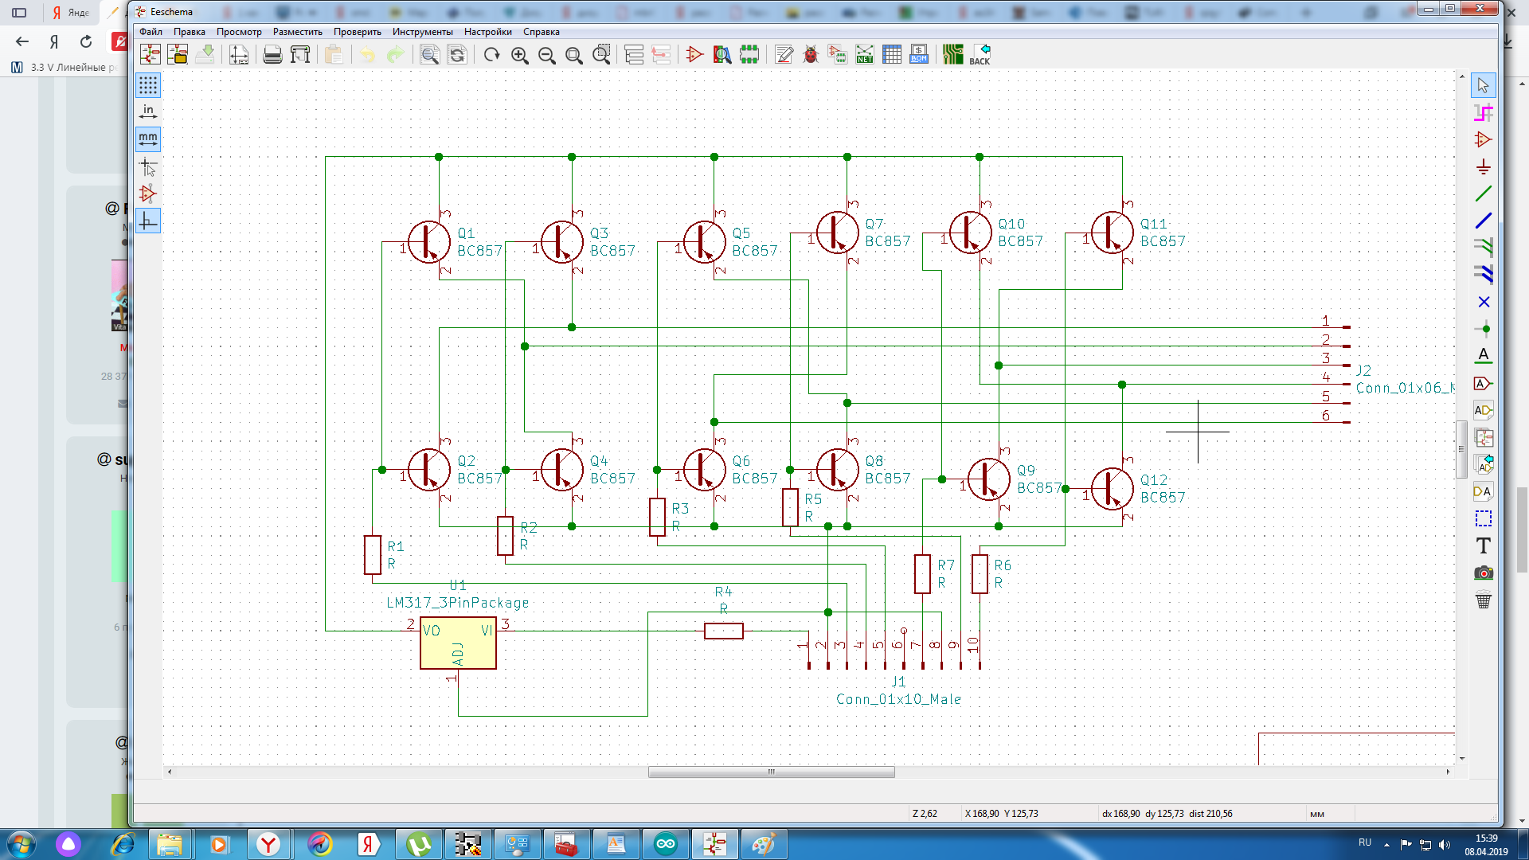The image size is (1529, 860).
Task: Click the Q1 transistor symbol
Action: tap(428, 241)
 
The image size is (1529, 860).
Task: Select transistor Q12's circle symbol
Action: tap(1112, 488)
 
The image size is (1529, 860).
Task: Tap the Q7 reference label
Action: tap(874, 225)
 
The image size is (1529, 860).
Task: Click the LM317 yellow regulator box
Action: tap(458, 643)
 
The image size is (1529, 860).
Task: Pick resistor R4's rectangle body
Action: tap(723, 631)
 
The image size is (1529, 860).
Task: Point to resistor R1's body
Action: tap(372, 555)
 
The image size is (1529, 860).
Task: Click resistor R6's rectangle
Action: tap(980, 574)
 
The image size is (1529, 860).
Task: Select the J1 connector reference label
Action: tap(898, 682)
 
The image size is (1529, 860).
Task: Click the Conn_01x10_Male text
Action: tap(898, 699)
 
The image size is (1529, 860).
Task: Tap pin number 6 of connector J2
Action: tap(1326, 415)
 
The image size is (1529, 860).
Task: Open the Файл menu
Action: tap(151, 32)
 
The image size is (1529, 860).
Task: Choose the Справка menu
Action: tap(541, 32)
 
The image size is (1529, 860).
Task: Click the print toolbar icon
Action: tap(272, 54)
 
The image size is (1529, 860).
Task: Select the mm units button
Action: tap(148, 139)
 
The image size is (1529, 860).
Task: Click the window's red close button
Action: tap(1480, 9)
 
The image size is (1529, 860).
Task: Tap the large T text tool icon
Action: tap(1483, 546)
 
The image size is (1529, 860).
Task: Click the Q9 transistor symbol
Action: tap(988, 479)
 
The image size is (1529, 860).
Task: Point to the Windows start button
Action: tap(22, 844)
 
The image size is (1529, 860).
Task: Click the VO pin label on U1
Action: tap(432, 631)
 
